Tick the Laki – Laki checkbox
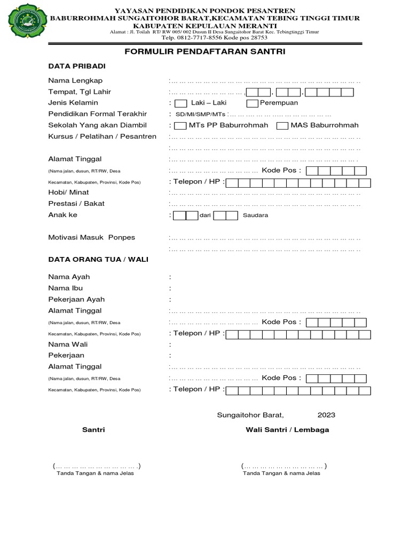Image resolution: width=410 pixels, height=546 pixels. coord(181,103)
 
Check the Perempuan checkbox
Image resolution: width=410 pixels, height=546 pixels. coord(252,103)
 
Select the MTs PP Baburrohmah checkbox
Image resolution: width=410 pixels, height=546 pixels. coord(180,126)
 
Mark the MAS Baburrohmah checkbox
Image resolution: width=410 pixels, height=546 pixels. coord(282,126)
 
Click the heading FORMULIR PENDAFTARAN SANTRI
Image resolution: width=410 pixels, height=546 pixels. coord(205,52)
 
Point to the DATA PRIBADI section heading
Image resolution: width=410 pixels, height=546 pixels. coord(77,66)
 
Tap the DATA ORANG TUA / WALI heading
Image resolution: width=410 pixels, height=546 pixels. coord(98,259)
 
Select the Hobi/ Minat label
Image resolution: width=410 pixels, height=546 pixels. coord(68,192)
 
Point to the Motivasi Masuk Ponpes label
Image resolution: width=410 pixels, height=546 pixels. coord(92,237)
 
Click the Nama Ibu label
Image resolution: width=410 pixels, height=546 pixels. coord(66,288)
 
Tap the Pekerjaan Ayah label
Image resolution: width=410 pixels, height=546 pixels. coord(76,299)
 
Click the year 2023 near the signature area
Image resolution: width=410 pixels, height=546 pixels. coord(327,415)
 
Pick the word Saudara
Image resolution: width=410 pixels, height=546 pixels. coord(255,215)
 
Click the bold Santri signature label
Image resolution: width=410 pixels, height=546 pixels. coord(93,430)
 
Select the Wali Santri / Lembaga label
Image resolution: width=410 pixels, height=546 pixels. coord(287,430)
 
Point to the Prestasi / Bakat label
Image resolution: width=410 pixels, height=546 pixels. coord(76,203)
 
